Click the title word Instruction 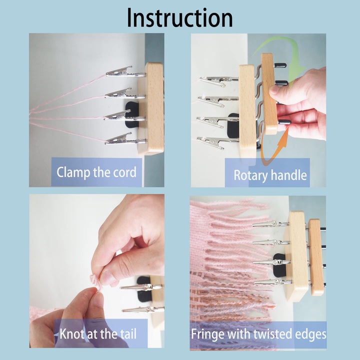[x=179, y=17]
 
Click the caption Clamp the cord [x=96, y=173]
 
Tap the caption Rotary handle [x=270, y=175]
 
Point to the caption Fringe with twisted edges [x=258, y=333]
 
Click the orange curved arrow [x=272, y=150]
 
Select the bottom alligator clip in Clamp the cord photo [x=120, y=140]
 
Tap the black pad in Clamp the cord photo [x=131, y=113]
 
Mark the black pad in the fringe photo [x=279, y=262]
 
